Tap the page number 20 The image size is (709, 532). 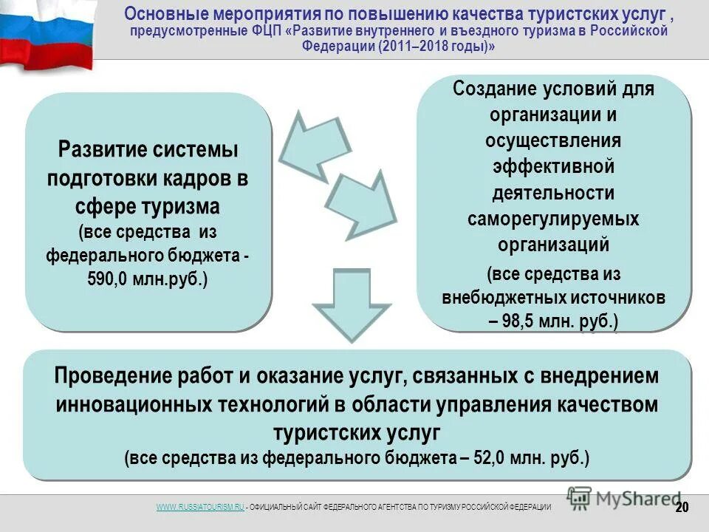(682, 507)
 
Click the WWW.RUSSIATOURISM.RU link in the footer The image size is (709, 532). (200, 506)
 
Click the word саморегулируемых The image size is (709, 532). (553, 219)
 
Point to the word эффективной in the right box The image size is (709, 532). (553, 167)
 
